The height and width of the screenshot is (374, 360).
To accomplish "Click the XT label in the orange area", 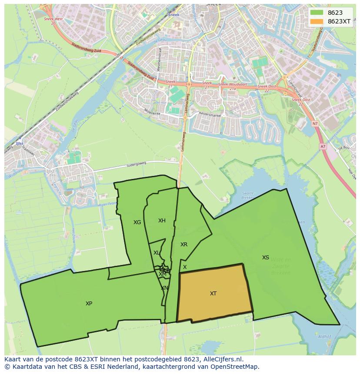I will click(x=213, y=294).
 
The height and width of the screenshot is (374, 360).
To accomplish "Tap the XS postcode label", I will click(x=265, y=258).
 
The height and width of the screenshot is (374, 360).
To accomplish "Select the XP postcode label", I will click(x=89, y=304).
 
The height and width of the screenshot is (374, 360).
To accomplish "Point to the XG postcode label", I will click(x=137, y=222).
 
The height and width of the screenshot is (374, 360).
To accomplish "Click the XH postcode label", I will click(x=162, y=221).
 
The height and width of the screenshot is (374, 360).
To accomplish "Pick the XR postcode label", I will click(x=184, y=245).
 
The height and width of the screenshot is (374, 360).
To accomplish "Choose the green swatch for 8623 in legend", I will click(x=317, y=13).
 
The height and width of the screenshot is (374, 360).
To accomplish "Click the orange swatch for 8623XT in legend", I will click(x=317, y=21).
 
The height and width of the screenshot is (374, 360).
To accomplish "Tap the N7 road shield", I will click(x=315, y=124).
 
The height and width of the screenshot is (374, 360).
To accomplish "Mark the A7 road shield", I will click(x=323, y=146).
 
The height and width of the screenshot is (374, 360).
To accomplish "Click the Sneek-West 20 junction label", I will click(x=53, y=21).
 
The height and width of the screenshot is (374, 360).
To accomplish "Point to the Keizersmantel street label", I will click(x=210, y=116).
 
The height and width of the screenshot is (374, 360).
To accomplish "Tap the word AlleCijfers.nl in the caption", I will click(x=223, y=359).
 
